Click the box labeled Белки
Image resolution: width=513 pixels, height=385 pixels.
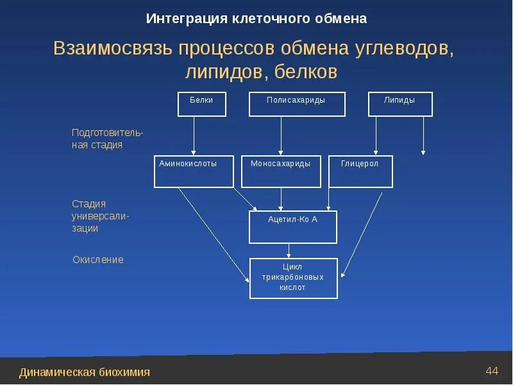201,104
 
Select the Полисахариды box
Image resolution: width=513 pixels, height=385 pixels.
296,104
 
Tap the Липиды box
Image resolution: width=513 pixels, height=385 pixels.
399,104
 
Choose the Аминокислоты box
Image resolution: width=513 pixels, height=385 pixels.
194,171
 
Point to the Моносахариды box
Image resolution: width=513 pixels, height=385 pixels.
281,171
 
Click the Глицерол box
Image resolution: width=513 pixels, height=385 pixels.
360,171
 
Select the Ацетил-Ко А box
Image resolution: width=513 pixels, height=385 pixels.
292,227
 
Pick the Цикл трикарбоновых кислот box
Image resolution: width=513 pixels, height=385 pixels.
292,278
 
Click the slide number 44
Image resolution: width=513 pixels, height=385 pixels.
492,370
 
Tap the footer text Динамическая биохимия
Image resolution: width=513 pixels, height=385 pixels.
85,372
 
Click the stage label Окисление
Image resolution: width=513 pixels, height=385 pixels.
97,260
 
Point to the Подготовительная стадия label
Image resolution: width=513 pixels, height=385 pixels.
107,139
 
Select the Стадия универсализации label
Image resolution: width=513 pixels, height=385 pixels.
100,216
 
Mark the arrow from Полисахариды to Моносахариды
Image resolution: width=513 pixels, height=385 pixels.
281,135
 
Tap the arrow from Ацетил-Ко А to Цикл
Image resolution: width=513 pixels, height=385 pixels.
290,251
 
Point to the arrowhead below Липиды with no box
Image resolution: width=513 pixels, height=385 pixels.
423,152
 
